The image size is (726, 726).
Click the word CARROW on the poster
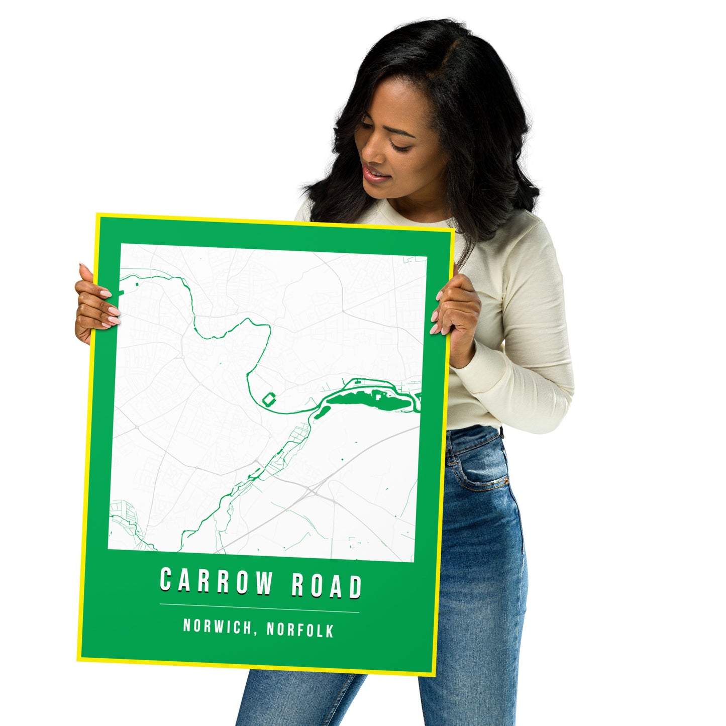[x=216, y=582]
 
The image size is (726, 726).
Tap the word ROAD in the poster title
[x=326, y=585]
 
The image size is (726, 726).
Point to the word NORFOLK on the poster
[x=300, y=630]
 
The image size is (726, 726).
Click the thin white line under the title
[x=259, y=608]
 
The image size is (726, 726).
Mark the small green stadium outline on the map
[x=269, y=400]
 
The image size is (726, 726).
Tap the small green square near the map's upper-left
[x=136, y=285]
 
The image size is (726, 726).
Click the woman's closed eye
[x=400, y=146]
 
